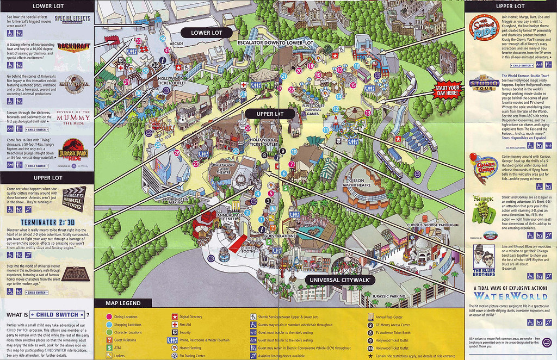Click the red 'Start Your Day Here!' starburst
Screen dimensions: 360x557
coord(447,90)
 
